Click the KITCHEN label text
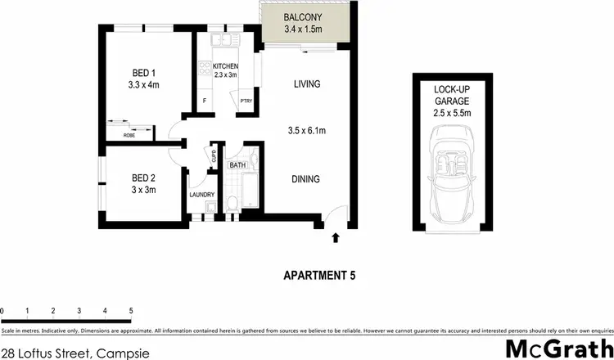pyautogui.click(x=225, y=65)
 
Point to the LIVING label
pyautogui.click(x=307, y=83)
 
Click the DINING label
pyautogui.click(x=307, y=179)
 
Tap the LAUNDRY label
pyautogui.click(x=201, y=195)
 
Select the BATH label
pyautogui.click(x=237, y=165)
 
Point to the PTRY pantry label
pyautogui.click(x=246, y=101)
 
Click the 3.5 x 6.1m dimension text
pyautogui.click(x=307, y=131)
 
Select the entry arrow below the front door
pyautogui.click(x=335, y=238)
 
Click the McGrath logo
pyautogui.click(x=556, y=347)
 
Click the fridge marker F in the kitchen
pyautogui.click(x=205, y=101)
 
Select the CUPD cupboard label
pyautogui.click(x=212, y=155)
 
